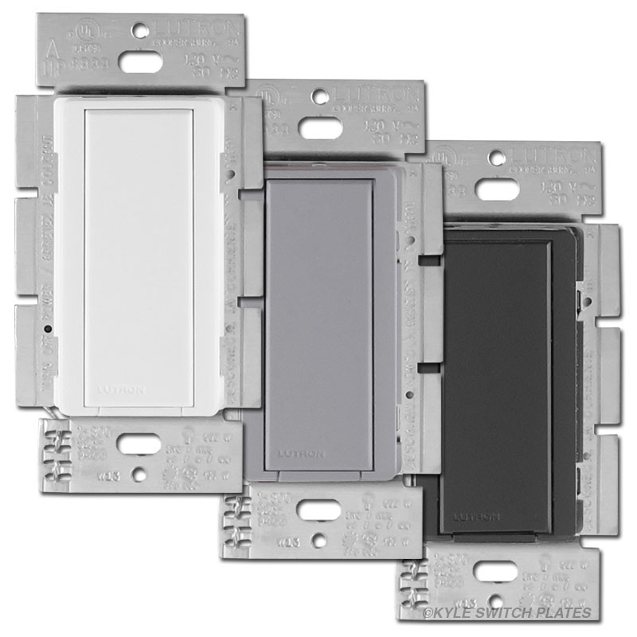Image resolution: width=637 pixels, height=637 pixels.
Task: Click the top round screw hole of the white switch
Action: (140, 31)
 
